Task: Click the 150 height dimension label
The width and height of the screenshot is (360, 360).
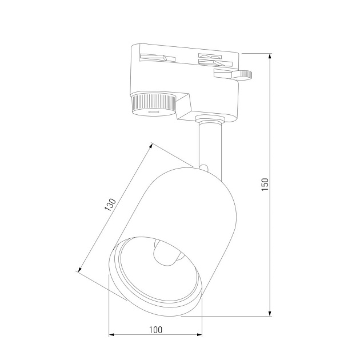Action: click(265, 184)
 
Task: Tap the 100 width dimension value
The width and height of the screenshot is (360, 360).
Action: click(155, 330)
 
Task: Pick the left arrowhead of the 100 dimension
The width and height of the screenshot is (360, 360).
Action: click(112, 335)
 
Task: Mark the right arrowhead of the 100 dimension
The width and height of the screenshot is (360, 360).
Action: click(199, 335)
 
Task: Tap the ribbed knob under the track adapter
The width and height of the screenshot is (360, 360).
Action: click(153, 103)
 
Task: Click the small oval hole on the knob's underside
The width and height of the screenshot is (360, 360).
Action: click(153, 114)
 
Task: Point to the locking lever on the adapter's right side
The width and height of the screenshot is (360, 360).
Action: click(234, 74)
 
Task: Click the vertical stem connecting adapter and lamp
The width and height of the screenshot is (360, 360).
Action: click(207, 143)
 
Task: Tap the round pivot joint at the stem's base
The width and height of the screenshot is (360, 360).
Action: click(204, 167)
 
